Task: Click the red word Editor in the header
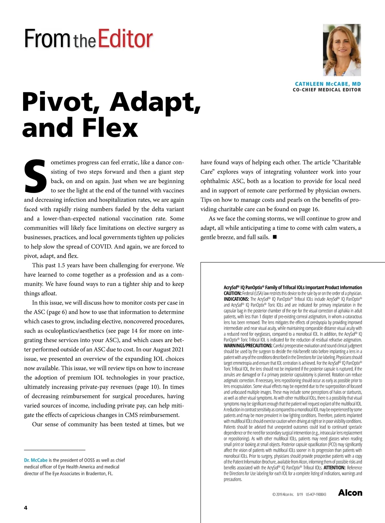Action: pyautogui.click(x=125, y=39)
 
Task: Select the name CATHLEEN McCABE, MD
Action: pyautogui.click(x=328, y=84)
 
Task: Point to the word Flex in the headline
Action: pyautogui.click(x=110, y=128)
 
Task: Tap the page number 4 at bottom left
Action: pyautogui.click(x=26, y=508)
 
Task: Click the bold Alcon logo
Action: pyautogui.click(x=350, y=493)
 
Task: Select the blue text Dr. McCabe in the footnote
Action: pyautogui.click(x=36, y=460)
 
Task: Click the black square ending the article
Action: pyautogui.click(x=275, y=237)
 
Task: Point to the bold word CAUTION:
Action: pyautogui.click(x=232, y=293)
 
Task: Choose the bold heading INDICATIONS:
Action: pyautogui.click(x=236, y=299)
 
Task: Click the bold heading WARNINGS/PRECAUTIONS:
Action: pyautogui.click(x=248, y=346)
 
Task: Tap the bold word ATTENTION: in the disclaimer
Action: pyautogui.click(x=334, y=468)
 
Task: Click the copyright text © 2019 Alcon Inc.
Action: pyautogui.click(x=283, y=494)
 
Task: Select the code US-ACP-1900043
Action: pyautogui.click(x=316, y=494)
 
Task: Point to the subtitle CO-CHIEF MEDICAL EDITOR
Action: pyautogui.click(x=327, y=90)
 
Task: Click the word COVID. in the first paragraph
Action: pyautogui.click(x=102, y=247)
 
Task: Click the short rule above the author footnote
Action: pyautogui.click(x=55, y=450)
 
